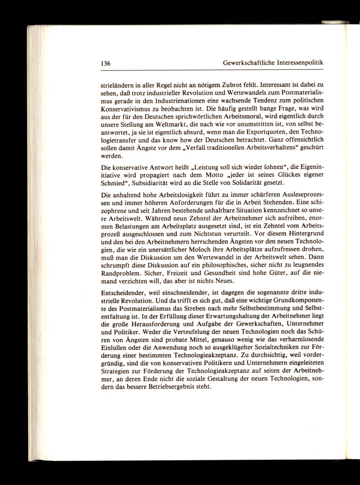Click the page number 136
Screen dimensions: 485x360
click(x=105, y=63)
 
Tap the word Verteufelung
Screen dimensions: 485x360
click(x=174, y=330)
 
